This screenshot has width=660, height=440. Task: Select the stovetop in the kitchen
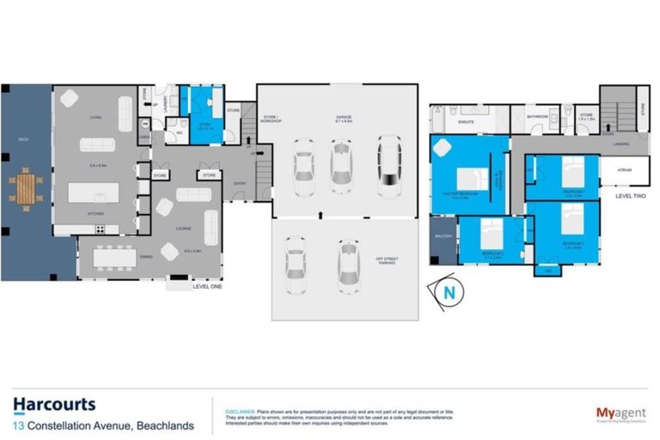(100, 229)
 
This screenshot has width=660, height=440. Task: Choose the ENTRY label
(240, 183)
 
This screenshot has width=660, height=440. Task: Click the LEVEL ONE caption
(206, 285)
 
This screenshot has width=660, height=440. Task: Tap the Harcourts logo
(54, 405)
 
